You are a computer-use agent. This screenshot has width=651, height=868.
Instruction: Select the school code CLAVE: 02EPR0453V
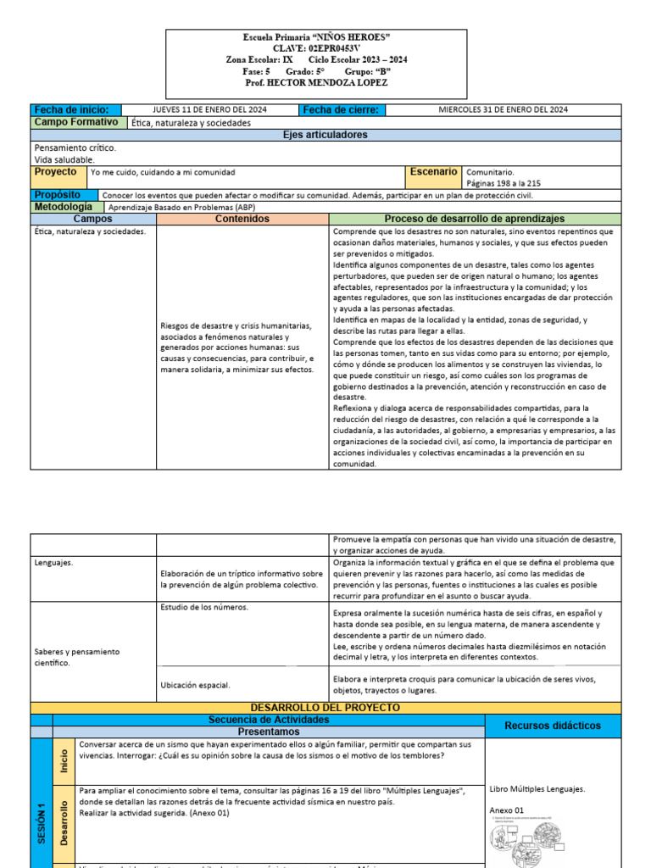click(x=316, y=49)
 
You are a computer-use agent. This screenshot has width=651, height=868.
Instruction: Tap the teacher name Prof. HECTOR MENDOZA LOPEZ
click(x=316, y=82)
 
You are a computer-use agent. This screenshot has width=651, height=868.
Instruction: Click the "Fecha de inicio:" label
click(x=71, y=110)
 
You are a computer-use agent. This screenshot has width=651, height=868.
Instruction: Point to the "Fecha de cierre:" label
click(x=341, y=110)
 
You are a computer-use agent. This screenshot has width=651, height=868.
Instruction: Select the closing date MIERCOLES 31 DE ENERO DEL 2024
click(x=503, y=110)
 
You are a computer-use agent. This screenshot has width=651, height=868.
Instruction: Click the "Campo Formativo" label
click(x=76, y=123)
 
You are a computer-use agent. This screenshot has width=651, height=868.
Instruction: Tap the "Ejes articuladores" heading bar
click(x=325, y=135)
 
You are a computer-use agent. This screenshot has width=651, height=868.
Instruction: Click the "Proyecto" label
click(x=55, y=172)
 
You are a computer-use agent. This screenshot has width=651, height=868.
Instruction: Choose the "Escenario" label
click(x=435, y=172)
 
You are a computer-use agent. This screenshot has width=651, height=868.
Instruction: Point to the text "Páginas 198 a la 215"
click(x=504, y=183)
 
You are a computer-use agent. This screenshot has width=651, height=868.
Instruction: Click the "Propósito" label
click(x=58, y=195)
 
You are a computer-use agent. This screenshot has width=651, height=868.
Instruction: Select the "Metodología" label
click(x=64, y=207)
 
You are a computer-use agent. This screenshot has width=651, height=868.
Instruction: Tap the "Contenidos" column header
click(x=242, y=219)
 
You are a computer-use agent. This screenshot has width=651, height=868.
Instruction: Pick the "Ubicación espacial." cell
click(x=195, y=684)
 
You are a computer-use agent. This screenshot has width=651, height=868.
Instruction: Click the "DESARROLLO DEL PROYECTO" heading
click(x=325, y=707)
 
